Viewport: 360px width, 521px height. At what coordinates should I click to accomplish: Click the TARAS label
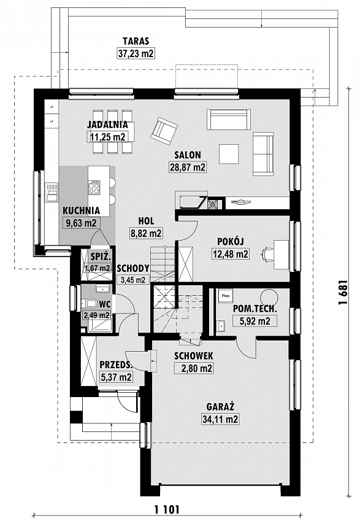[136, 41]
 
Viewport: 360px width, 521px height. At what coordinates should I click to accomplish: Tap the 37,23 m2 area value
[136, 53]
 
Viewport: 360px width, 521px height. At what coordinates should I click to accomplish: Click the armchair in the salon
[164, 131]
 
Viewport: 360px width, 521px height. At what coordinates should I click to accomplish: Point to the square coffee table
[229, 154]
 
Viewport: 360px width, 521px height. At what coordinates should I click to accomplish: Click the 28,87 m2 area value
[188, 167]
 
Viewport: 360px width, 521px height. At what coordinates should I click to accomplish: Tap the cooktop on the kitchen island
[94, 187]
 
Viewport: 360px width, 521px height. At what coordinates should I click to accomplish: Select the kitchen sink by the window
[52, 192]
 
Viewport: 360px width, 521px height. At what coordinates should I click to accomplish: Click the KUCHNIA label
[82, 210]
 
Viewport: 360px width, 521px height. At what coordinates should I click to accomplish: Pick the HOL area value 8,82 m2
[146, 233]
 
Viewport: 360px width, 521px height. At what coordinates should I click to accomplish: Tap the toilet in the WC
[89, 304]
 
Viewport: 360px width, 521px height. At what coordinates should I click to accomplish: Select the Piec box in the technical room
[226, 295]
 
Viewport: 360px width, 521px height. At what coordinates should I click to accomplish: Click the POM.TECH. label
[255, 309]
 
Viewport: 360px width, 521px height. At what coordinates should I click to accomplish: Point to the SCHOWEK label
[194, 356]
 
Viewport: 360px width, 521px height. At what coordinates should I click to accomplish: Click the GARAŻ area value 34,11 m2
[221, 419]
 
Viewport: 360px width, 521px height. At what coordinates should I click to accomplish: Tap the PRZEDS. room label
[116, 365]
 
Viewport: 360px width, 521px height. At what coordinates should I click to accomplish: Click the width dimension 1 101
[167, 509]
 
